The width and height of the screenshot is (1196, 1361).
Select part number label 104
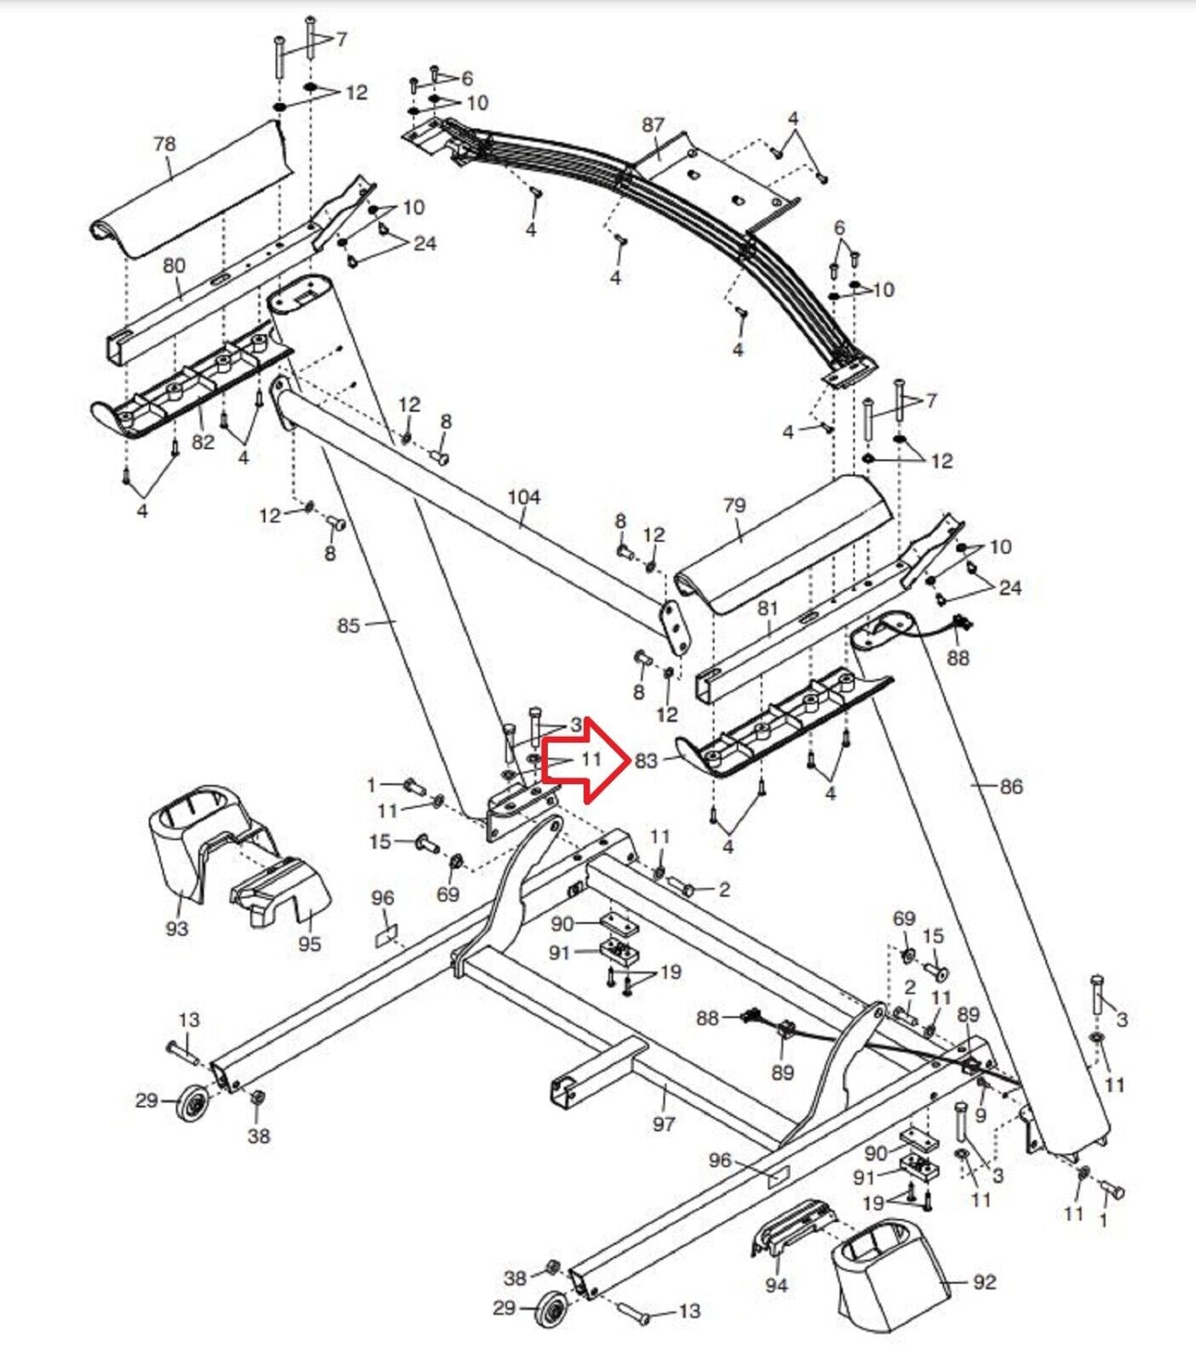[x=524, y=497]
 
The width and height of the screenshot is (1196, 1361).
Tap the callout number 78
[x=164, y=144]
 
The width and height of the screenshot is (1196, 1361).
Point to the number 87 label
[x=652, y=124]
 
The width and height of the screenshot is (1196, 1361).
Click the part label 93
[x=176, y=928]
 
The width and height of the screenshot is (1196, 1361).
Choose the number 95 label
[x=310, y=943]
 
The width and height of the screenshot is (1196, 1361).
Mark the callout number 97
[x=663, y=1124]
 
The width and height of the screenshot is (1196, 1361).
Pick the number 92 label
[x=984, y=1281]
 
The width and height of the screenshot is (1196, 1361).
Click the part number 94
[x=776, y=1285]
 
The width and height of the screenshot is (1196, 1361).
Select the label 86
[x=1011, y=787]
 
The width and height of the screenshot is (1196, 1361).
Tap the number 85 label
[x=349, y=626]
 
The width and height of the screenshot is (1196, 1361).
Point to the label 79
[x=733, y=505]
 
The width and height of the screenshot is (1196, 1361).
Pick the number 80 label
[x=174, y=265]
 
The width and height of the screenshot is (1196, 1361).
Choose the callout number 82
[x=202, y=441]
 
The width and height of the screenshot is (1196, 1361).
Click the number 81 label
[x=767, y=608]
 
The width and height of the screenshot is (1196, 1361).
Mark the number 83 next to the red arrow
[x=646, y=761]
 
